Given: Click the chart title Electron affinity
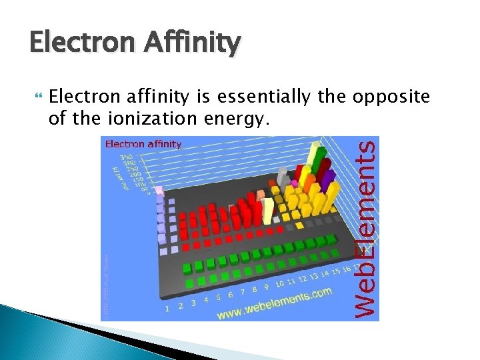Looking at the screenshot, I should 143,143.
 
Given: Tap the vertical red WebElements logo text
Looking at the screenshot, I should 365,227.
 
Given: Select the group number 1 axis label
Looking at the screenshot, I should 167,308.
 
